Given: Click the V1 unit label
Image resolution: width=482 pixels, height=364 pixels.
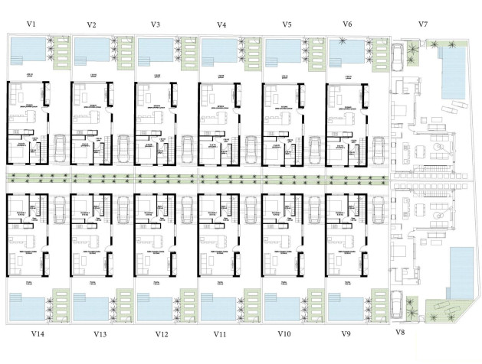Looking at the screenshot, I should click(x=31, y=24).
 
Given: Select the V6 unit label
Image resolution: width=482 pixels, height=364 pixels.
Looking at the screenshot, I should click(x=347, y=24).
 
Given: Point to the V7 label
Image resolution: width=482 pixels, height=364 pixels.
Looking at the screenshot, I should click(x=422, y=24).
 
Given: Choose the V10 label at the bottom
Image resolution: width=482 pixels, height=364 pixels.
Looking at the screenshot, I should click(x=284, y=334).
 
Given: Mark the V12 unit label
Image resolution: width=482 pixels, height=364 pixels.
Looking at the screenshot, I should click(x=161, y=334).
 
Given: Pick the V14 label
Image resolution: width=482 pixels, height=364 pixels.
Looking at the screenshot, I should click(x=37, y=334).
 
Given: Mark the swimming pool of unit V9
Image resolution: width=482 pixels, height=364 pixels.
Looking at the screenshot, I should click(x=343, y=309).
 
